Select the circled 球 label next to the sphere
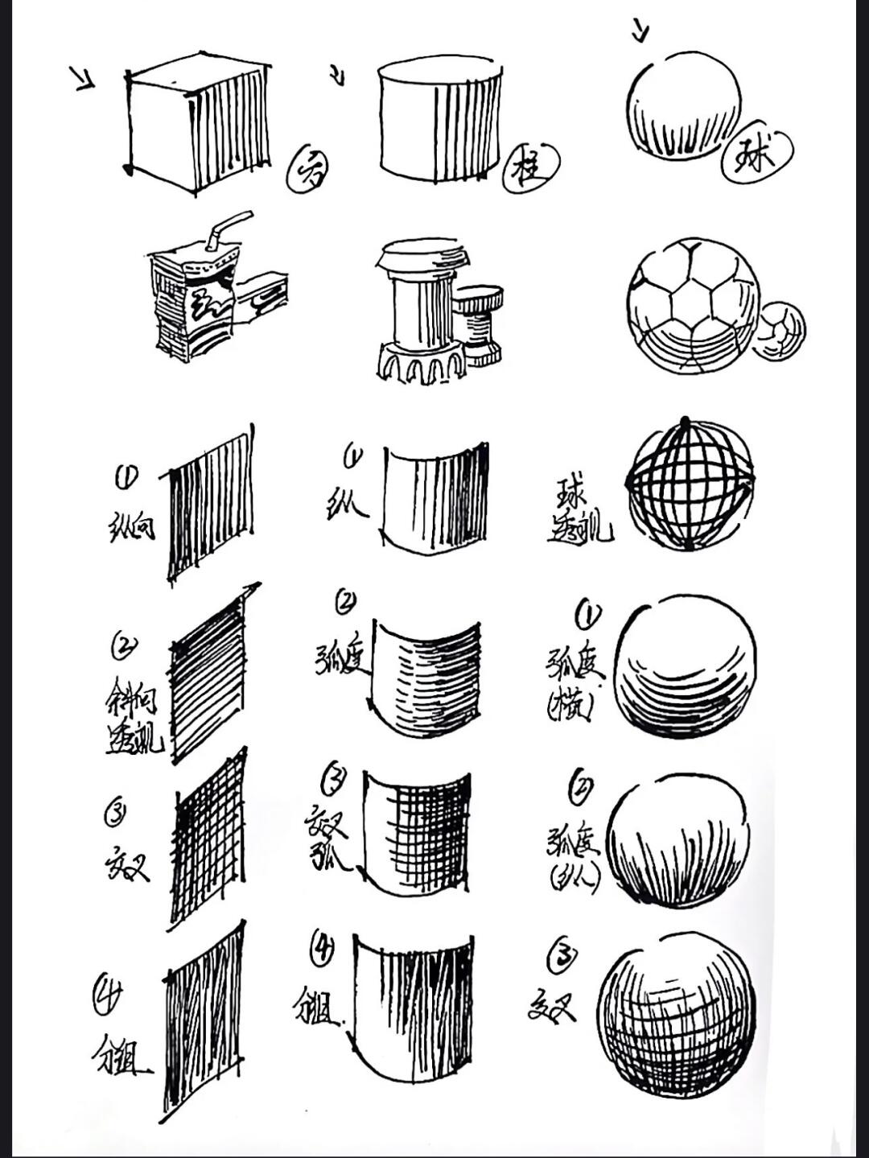click(756, 152)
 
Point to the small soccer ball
click(778, 331)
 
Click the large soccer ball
click(693, 306)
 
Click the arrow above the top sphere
click(640, 31)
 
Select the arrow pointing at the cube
click(82, 78)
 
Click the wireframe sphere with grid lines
click(690, 484)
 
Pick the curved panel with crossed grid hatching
click(416, 835)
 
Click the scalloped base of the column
click(420, 362)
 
